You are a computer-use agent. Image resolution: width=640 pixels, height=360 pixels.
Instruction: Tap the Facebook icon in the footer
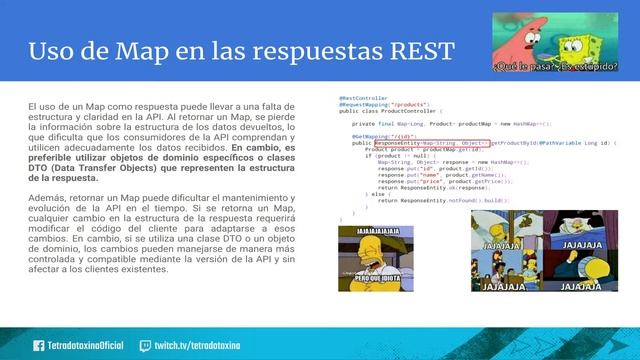pos(39,345)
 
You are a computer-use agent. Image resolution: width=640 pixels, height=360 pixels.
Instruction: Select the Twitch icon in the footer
pos(145,345)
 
